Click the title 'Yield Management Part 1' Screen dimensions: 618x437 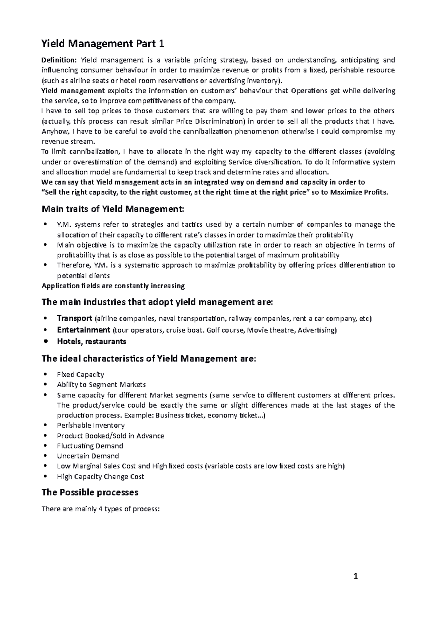(x=103, y=44)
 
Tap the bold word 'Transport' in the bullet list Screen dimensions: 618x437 (x=75, y=318)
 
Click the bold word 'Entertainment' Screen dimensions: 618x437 (x=83, y=330)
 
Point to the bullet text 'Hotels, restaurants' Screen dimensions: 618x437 (x=91, y=341)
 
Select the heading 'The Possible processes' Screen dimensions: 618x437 (x=90, y=492)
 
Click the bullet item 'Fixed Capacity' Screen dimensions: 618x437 (x=80, y=375)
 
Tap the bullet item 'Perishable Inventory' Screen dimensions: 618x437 (x=91, y=425)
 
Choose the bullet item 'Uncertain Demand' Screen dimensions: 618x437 (x=88, y=456)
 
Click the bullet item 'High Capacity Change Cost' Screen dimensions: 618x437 (x=100, y=476)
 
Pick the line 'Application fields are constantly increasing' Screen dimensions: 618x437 (x=113, y=286)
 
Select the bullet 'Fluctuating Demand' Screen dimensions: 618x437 (x=90, y=446)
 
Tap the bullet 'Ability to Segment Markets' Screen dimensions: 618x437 (x=101, y=385)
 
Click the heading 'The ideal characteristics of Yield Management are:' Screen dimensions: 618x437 (x=149, y=359)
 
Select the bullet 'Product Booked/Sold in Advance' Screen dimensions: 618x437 (x=110, y=436)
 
